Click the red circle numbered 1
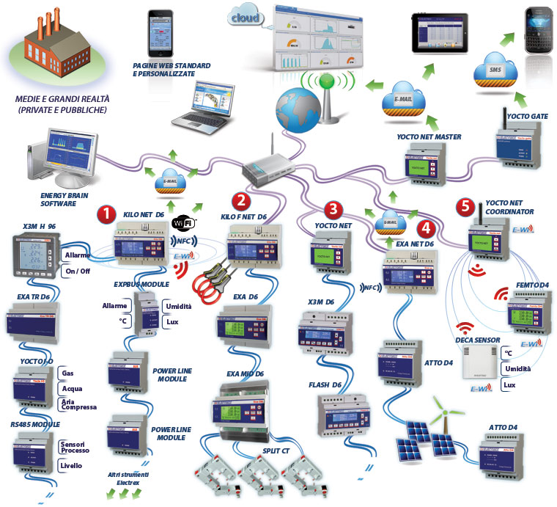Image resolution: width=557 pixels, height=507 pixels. [107, 214]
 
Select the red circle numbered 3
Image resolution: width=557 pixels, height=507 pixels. [334, 208]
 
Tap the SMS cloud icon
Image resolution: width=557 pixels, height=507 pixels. [495, 70]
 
